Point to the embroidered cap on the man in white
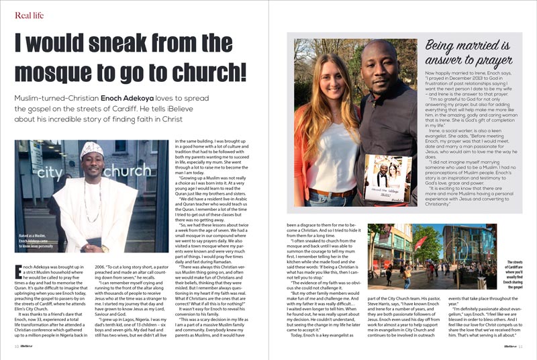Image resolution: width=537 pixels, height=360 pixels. tap(91, 149)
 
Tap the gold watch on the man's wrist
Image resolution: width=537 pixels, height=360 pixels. tap(105, 248)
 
